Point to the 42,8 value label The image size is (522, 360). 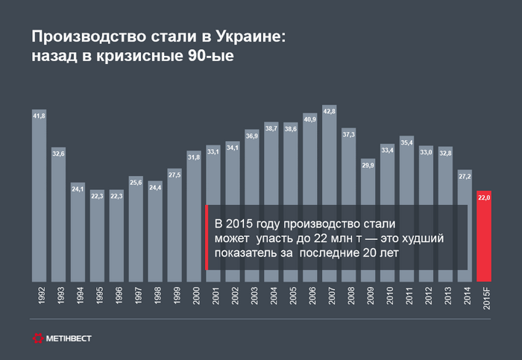tap(330, 111)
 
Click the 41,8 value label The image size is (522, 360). tap(39, 116)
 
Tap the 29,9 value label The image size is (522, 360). tap(368, 164)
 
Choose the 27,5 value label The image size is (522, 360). tap(174, 174)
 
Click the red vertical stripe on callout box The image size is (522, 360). tap(206, 238)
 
